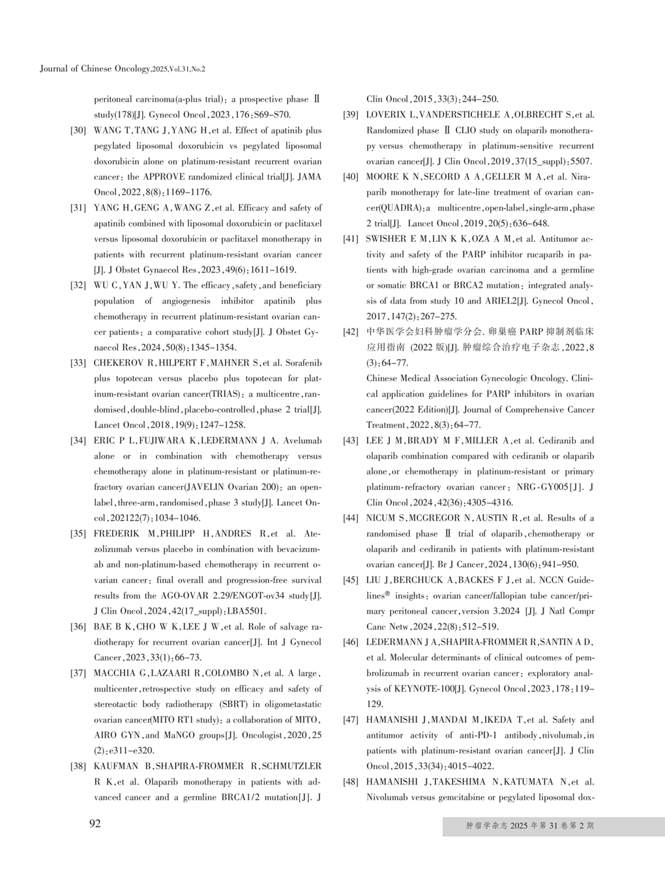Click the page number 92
click(x=95, y=824)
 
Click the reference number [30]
click(x=78, y=130)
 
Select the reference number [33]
click(x=78, y=363)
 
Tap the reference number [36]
click(x=78, y=627)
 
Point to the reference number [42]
click(x=351, y=332)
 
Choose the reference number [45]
click(x=351, y=580)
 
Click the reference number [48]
click(x=351, y=782)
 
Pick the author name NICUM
click(x=381, y=518)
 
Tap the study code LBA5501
click(x=246, y=611)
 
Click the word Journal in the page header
click(x=53, y=68)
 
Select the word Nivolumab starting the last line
click(x=388, y=798)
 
